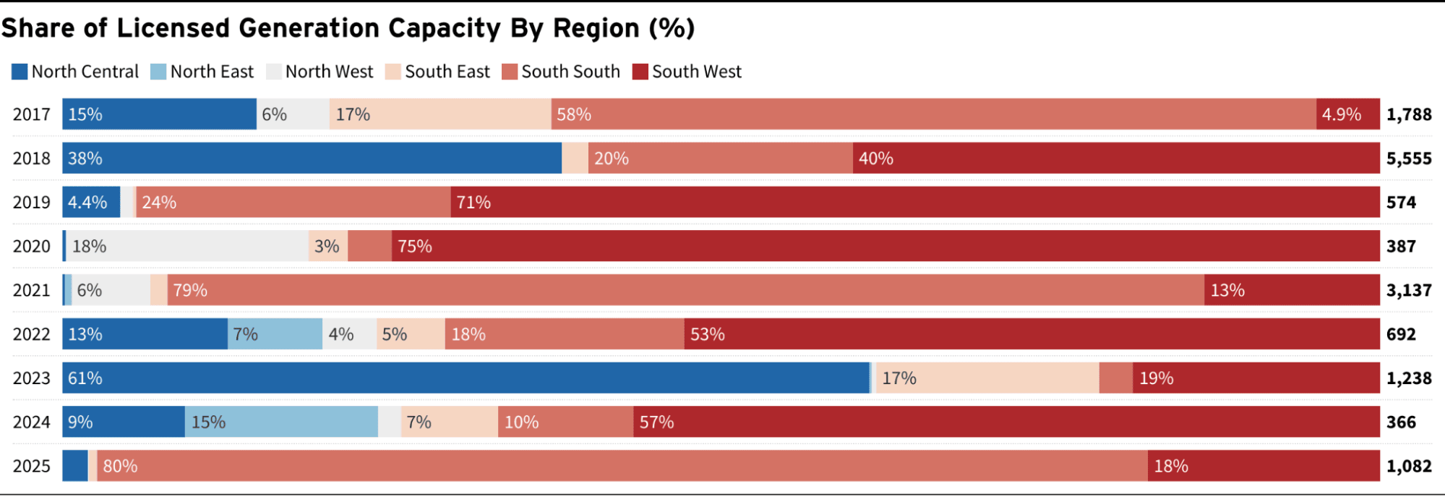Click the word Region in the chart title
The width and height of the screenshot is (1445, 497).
(596, 28)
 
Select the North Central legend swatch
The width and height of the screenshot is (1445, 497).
(20, 72)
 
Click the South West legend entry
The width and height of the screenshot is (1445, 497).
(687, 72)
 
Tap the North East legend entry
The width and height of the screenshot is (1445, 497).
(202, 72)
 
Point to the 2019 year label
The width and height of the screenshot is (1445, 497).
(32, 203)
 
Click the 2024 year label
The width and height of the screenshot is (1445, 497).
(32, 422)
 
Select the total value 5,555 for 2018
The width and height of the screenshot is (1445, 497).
(1408, 158)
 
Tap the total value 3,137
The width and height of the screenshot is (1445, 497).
(1408, 290)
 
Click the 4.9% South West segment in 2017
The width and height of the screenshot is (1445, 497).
(1347, 114)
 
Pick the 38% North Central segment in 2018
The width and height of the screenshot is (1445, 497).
(312, 158)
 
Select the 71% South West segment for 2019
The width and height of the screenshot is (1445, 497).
(915, 203)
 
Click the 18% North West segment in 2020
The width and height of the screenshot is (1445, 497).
(187, 247)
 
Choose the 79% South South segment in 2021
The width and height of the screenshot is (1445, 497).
(685, 290)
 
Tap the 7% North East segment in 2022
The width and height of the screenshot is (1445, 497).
(275, 334)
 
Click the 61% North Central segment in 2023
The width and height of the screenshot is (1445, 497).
(466, 378)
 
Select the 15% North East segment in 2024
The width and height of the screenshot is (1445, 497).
(281, 422)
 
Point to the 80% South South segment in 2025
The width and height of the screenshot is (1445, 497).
(622, 466)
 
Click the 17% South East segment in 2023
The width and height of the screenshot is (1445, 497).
(987, 378)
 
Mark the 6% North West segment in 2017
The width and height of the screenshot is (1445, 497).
(293, 114)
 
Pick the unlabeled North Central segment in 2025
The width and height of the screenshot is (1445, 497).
(75, 466)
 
